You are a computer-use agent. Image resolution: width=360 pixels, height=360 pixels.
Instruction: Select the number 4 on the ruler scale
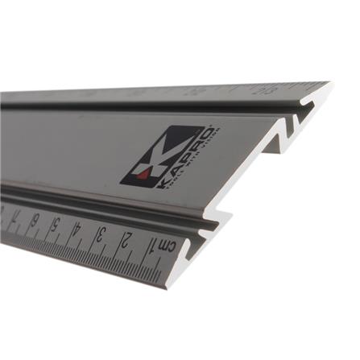click(x=77, y=229)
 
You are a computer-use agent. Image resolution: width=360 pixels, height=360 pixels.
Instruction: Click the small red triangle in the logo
click(x=143, y=172)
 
